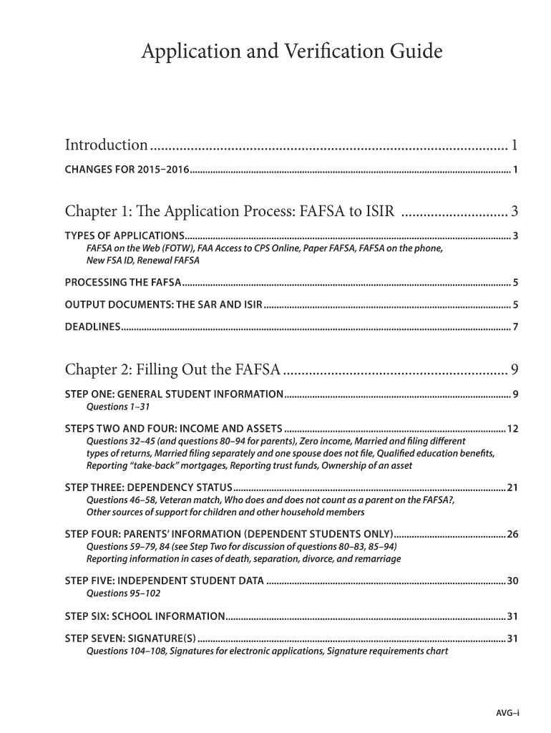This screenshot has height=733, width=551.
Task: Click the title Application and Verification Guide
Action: (x=292, y=52)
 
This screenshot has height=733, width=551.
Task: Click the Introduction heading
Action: (x=107, y=145)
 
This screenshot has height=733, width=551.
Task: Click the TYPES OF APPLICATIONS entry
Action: (x=124, y=236)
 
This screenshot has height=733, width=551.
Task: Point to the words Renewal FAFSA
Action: (x=172, y=260)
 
